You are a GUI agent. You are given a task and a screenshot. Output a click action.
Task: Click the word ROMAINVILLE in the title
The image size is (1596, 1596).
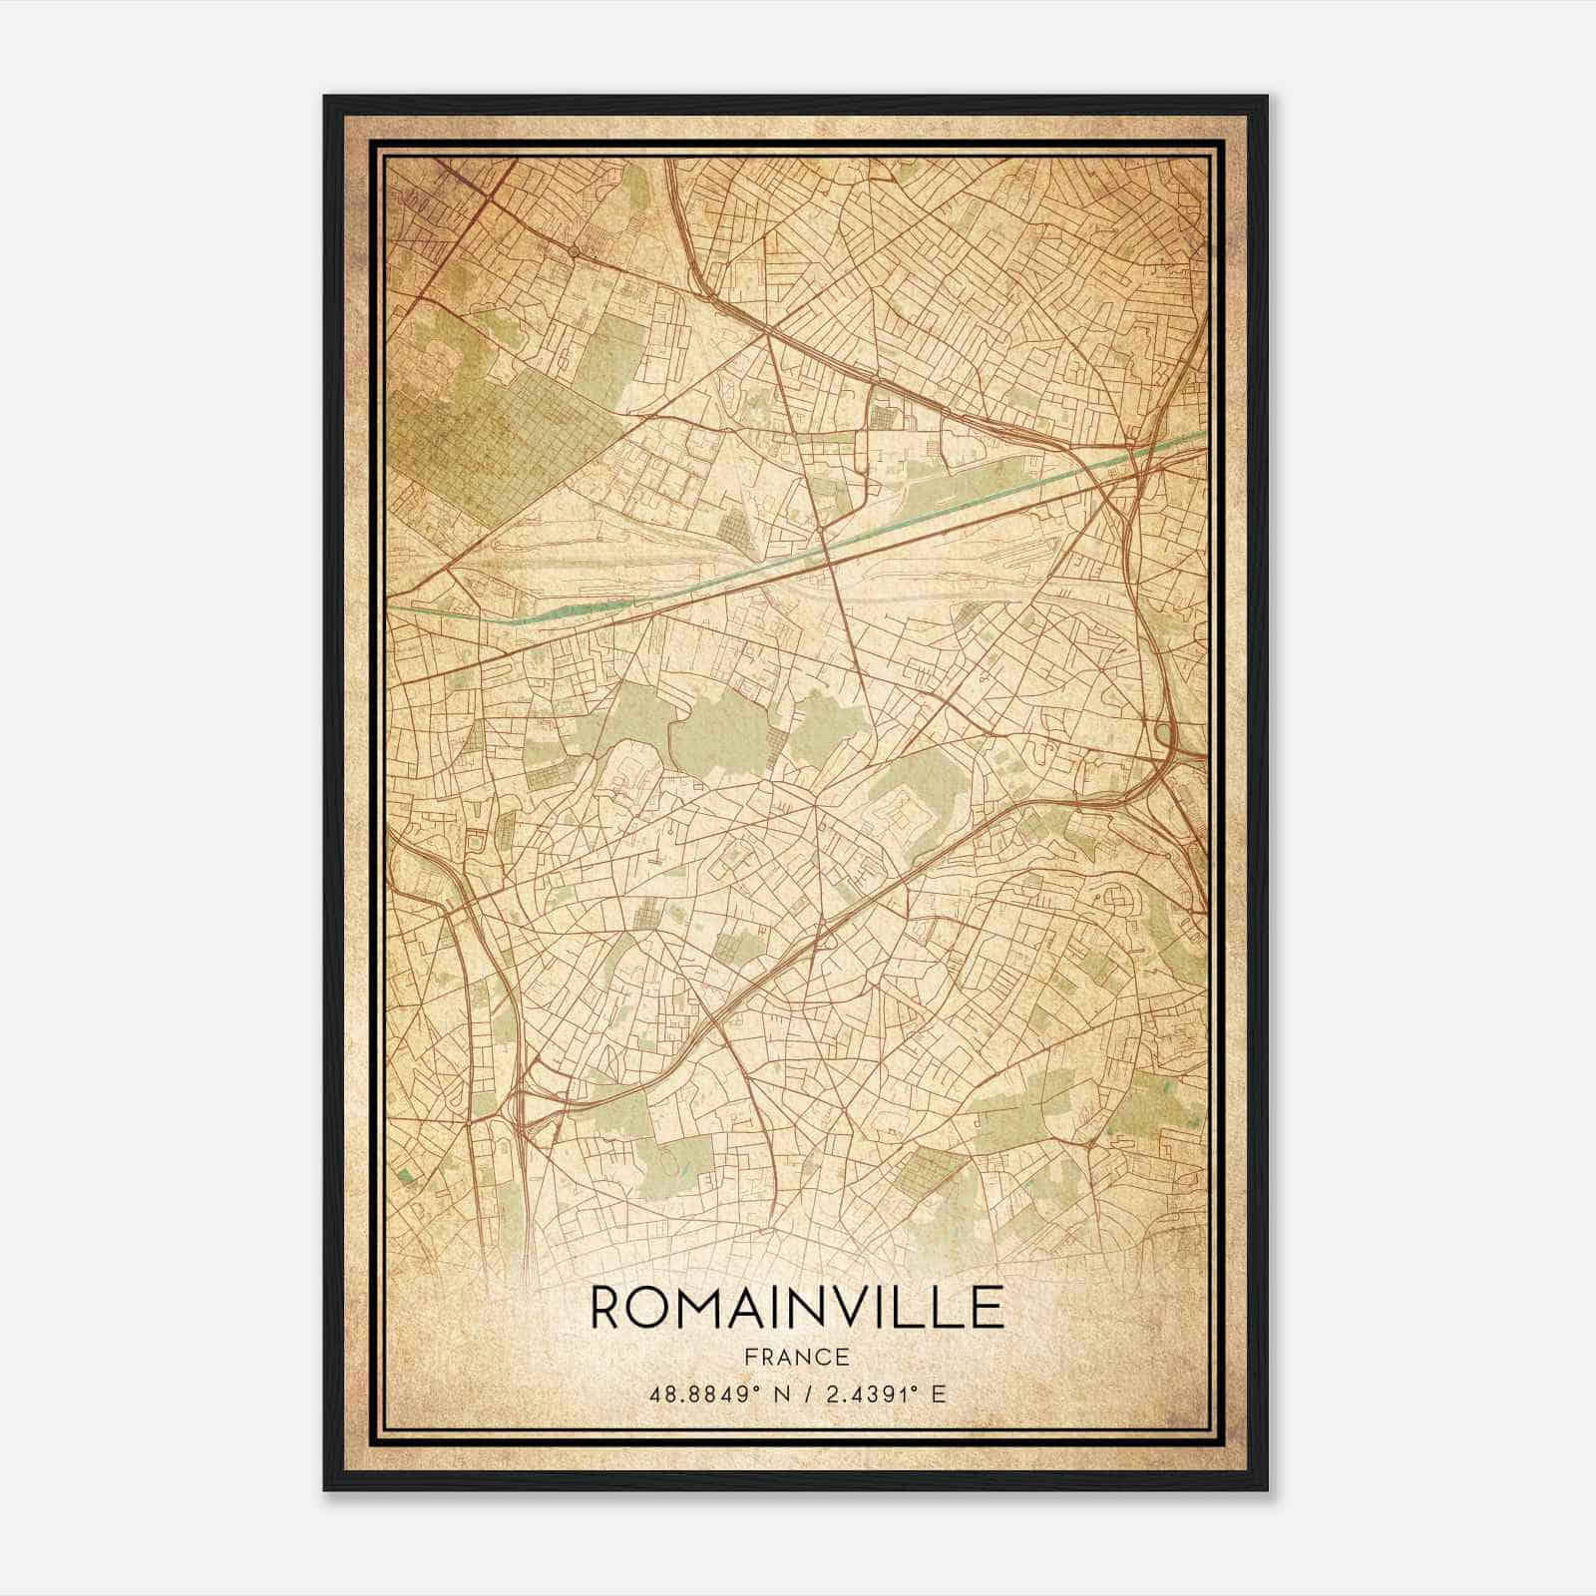[796, 1307]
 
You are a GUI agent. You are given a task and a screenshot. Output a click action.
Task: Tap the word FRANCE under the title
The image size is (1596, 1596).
[796, 1358]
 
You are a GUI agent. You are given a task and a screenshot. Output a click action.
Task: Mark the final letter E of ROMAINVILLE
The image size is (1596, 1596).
[988, 1307]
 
